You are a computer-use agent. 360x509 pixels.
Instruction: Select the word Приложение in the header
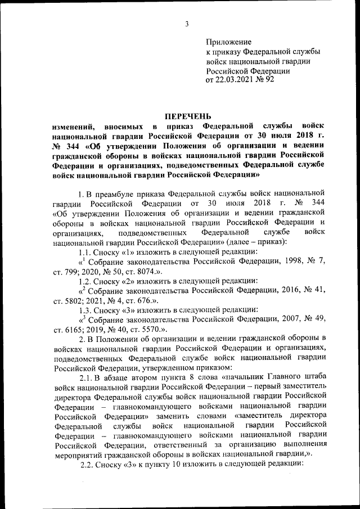coord(229,42)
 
